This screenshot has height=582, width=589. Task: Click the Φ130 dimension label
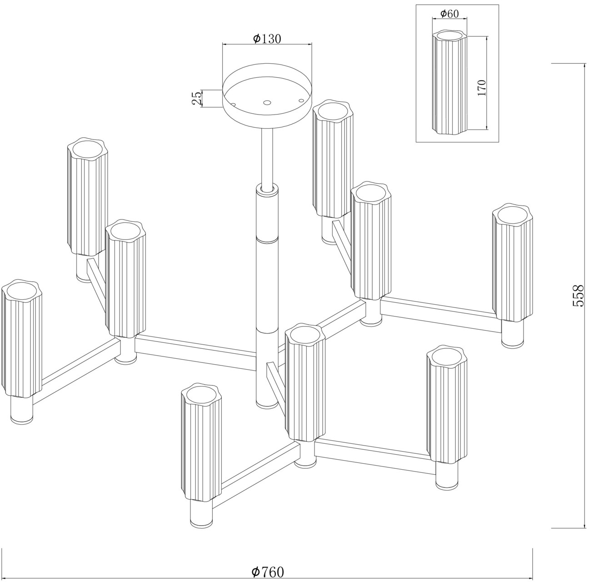(x=267, y=39)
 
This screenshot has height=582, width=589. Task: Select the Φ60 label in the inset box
(x=449, y=14)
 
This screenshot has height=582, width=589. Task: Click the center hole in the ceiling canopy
(x=267, y=102)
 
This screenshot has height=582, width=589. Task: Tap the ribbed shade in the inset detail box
(x=449, y=82)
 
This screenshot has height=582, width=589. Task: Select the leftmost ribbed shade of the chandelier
(x=21, y=338)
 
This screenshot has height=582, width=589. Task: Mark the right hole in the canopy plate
(x=301, y=100)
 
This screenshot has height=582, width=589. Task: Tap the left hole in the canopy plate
(x=234, y=105)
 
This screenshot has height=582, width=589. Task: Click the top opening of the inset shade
(x=449, y=35)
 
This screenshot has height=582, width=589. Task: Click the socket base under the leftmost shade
(x=21, y=411)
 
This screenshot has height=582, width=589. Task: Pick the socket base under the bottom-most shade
(x=201, y=515)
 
